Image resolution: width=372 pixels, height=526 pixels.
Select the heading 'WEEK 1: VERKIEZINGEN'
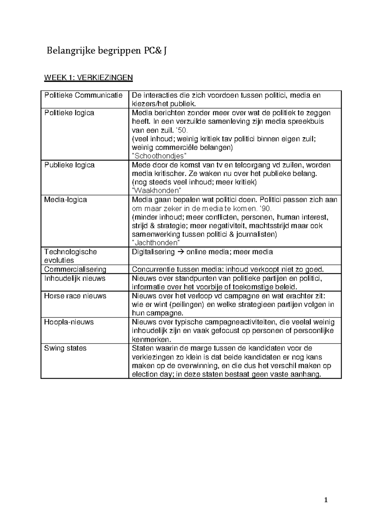point(88,77)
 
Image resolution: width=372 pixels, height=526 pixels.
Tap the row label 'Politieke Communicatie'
point(83,95)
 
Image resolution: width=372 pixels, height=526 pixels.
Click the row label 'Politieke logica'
point(69,113)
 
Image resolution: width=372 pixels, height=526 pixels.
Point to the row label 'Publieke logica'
point(69,165)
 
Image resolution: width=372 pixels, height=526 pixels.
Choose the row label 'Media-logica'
point(65,199)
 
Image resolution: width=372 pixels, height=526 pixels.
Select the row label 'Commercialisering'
point(75,269)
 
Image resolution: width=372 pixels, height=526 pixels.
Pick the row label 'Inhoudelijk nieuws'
point(75,278)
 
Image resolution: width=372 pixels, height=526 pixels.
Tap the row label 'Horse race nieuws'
point(75,296)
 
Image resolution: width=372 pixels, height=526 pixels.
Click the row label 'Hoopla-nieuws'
point(69,322)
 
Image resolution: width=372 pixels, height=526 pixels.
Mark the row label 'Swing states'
point(65,348)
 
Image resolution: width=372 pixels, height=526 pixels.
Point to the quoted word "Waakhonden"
point(157,191)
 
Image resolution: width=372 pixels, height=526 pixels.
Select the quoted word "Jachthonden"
point(156,243)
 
